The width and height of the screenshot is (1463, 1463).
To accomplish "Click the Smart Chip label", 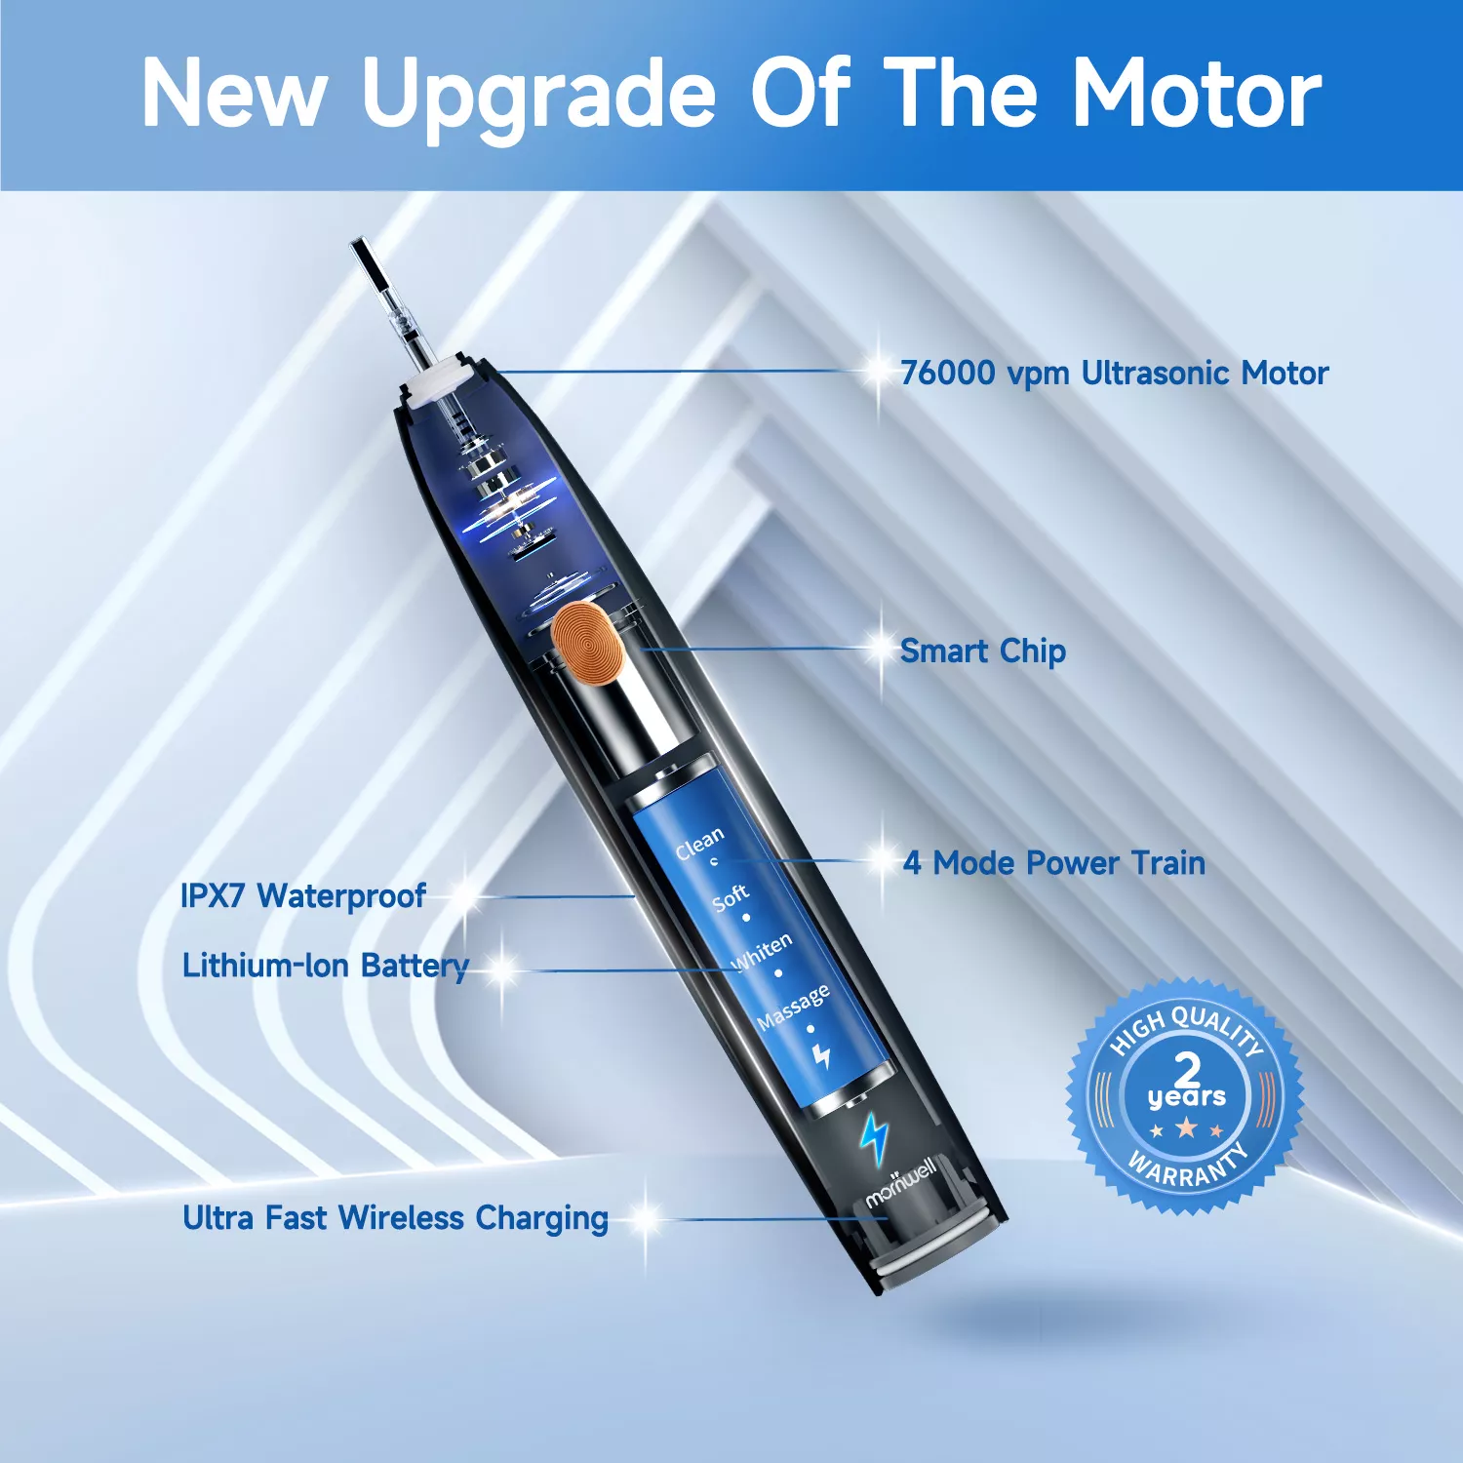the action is pyautogui.click(x=983, y=652).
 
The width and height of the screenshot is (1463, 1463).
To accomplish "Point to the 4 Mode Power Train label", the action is pyautogui.click(x=1054, y=863).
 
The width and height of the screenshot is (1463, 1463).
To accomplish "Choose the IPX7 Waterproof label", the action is pyautogui.click(x=303, y=895).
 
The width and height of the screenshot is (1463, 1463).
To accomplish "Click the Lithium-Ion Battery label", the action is pyautogui.click(x=326, y=966).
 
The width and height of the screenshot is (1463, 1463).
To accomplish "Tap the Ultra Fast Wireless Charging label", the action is pyautogui.click(x=395, y=1218).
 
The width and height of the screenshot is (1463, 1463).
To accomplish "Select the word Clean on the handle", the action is pyautogui.click(x=700, y=843).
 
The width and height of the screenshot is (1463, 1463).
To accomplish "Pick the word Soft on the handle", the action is pyautogui.click(x=731, y=897).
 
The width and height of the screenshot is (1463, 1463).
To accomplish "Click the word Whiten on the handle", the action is pyautogui.click(x=763, y=952).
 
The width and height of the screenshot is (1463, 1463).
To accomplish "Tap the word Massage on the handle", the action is pyautogui.click(x=794, y=1007).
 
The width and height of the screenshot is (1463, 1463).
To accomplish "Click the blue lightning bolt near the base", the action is pyautogui.click(x=874, y=1139).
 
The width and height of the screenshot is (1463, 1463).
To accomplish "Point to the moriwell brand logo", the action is pyautogui.click(x=901, y=1183).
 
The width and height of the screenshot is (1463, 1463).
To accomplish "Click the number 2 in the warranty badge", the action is pyautogui.click(x=1187, y=1068).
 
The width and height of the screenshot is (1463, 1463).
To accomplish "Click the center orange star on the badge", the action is pyautogui.click(x=1186, y=1128).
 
